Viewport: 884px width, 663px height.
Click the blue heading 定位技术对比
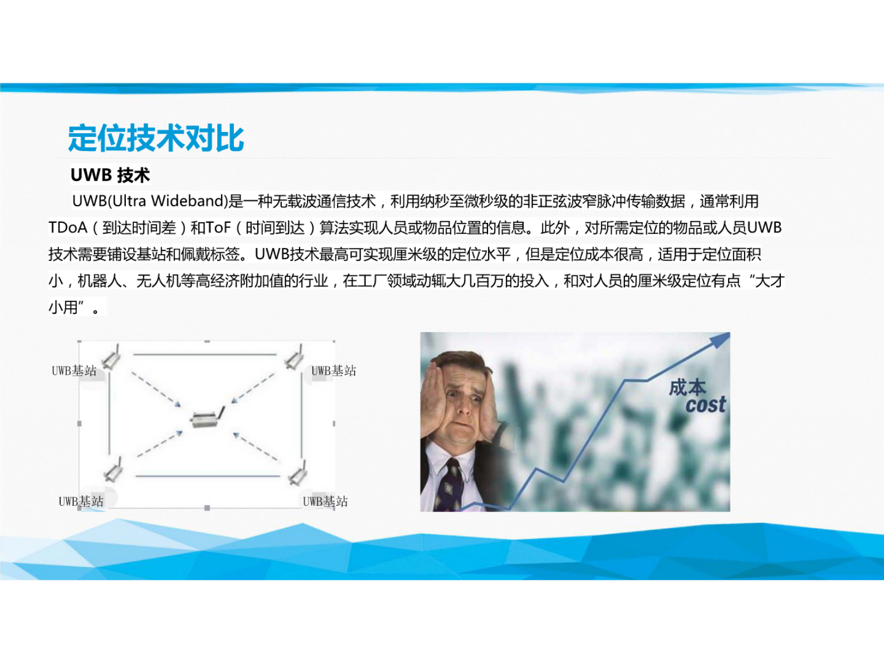[155, 138]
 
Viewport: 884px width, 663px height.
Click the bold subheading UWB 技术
[110, 175]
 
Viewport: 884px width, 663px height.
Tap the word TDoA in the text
[67, 227]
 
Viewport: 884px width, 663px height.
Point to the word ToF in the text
[218, 227]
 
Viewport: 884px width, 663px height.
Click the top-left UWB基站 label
[74, 370]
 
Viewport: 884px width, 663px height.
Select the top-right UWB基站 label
[333, 370]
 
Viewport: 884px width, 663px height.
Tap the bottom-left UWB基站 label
[81, 501]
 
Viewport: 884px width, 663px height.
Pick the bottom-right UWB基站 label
[325, 501]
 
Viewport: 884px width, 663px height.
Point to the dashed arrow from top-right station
[253, 388]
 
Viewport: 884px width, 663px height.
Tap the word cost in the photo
[706, 404]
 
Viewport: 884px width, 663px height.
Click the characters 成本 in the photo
[687, 387]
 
